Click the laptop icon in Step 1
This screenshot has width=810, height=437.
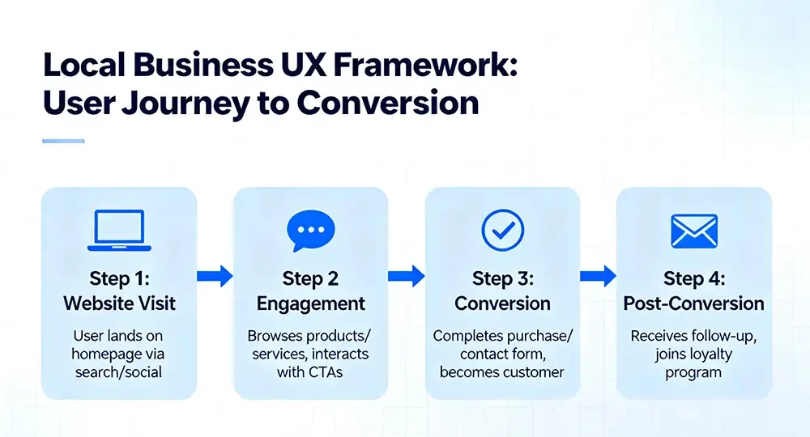tap(119, 230)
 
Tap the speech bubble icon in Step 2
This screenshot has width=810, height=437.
tap(310, 231)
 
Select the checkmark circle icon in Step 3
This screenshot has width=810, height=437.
tap(502, 231)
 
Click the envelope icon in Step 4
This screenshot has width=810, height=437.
tap(694, 231)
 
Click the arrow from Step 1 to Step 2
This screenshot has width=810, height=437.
tap(215, 277)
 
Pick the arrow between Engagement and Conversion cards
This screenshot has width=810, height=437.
tap(406, 277)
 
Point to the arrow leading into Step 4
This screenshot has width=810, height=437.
tap(598, 277)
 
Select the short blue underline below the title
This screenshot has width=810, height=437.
tap(63, 141)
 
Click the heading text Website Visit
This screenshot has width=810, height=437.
tap(119, 303)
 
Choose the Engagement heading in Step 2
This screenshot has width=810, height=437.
tap(311, 303)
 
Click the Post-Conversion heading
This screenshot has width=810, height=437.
tap(693, 303)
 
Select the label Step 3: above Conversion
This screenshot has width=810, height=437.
tap(502, 278)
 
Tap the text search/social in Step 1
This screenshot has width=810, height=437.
tap(119, 371)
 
